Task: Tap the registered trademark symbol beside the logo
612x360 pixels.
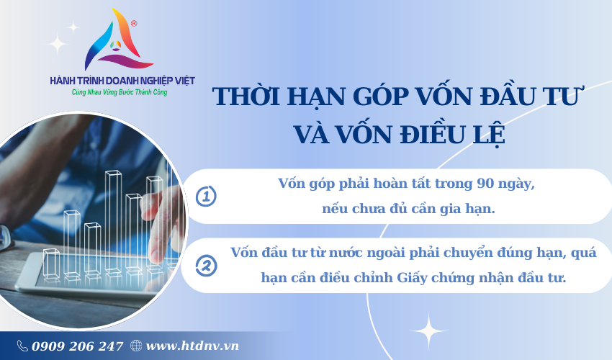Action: [134, 24]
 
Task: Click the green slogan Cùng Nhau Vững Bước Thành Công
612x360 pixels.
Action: [120, 93]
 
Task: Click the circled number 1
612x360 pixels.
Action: [206, 197]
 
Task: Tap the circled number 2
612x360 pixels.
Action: [206, 266]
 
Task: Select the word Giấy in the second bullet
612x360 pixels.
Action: [412, 278]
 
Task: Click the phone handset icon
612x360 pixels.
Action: [22, 346]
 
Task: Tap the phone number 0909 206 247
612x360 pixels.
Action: [77, 346]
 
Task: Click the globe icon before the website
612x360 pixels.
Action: [136, 346]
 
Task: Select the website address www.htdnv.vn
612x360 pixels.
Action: [192, 346]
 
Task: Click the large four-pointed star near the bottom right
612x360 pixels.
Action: [428, 331]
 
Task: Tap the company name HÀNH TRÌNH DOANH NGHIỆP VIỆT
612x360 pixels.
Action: [122, 81]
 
